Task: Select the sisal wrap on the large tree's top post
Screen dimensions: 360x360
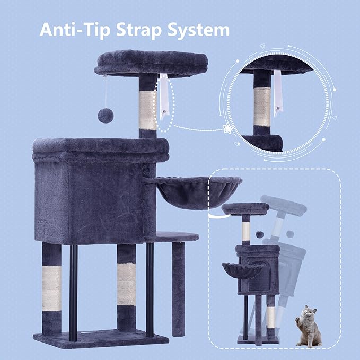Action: (148, 109)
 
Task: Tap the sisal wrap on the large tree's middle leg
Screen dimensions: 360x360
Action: (126, 286)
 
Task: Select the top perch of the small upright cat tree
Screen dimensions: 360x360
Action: (245, 209)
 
